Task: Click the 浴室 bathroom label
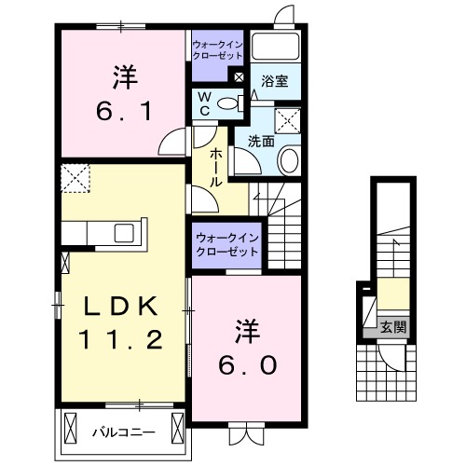coord(273,82)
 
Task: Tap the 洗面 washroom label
coord(260,142)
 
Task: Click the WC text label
coord(202,104)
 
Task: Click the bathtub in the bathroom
coord(274,48)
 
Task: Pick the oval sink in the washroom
coord(288,161)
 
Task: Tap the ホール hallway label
coord(215,167)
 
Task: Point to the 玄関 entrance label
coord(392,326)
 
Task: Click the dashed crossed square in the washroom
coord(287,118)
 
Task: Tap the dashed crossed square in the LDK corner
coord(74,176)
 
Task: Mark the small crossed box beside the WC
coord(240,78)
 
